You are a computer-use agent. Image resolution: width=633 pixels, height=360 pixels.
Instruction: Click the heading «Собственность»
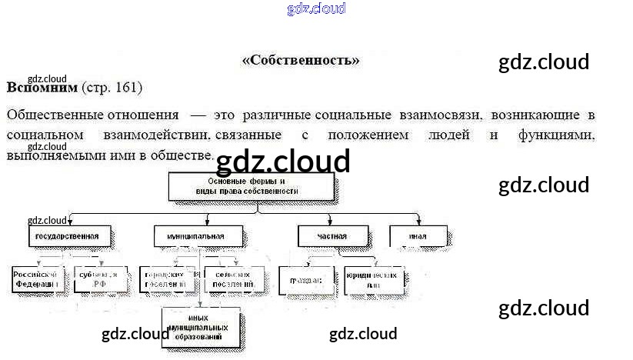pyautogui.click(x=301, y=60)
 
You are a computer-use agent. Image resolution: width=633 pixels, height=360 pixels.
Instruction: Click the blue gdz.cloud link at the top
pyautogui.click(x=316, y=8)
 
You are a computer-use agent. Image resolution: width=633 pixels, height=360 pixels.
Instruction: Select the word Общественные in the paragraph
pyautogui.click(x=54, y=115)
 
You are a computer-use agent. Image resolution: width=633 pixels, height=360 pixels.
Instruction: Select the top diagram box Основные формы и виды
pyautogui.click(x=251, y=185)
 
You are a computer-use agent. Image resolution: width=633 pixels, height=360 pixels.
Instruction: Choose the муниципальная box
pyautogui.click(x=198, y=236)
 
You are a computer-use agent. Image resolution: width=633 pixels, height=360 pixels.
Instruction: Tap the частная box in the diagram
pyautogui.click(x=332, y=236)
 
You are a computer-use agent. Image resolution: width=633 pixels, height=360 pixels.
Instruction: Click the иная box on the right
pyautogui.click(x=418, y=236)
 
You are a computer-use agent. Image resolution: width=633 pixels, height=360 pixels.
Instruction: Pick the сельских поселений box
pyautogui.click(x=235, y=279)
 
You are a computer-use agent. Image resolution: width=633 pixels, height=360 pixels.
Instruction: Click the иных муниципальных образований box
pyautogui.click(x=200, y=326)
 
